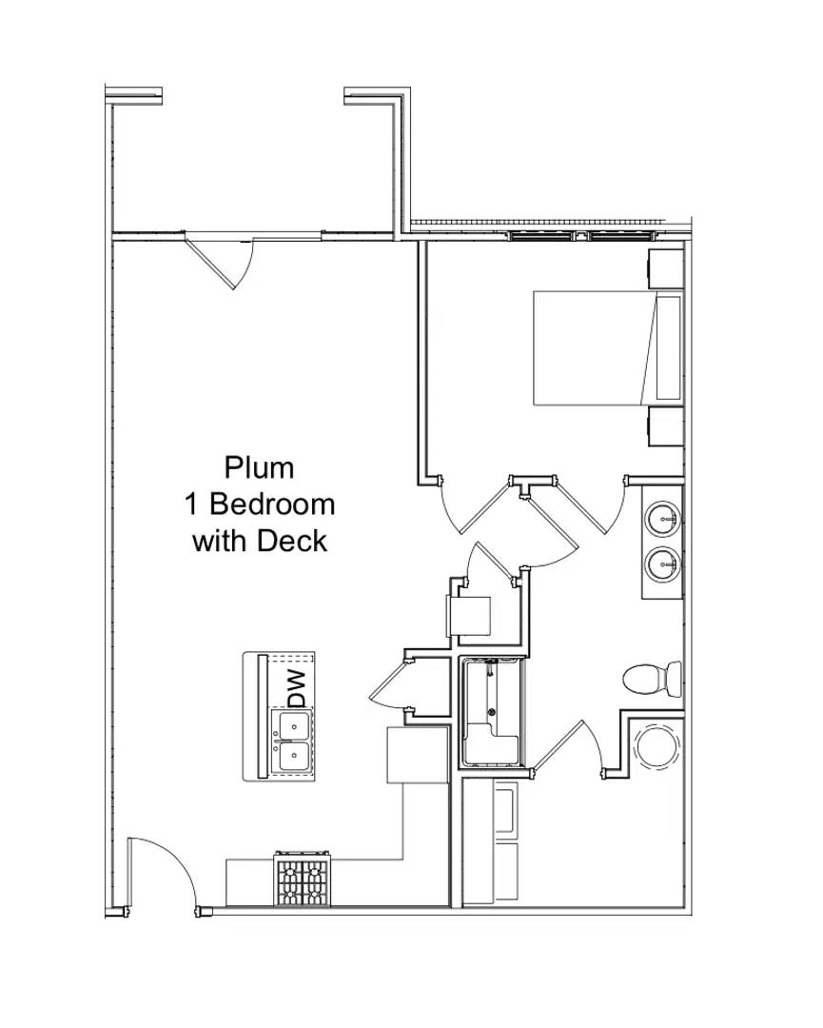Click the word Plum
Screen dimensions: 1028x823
(x=259, y=467)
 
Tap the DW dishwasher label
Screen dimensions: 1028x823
(x=297, y=687)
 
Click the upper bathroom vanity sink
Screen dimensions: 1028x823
(x=663, y=520)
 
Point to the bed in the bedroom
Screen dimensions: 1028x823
(x=595, y=347)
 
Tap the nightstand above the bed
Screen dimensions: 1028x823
(x=664, y=268)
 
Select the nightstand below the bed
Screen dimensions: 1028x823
(x=664, y=426)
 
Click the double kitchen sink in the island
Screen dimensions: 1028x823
(x=293, y=743)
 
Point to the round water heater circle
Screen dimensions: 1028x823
(x=656, y=746)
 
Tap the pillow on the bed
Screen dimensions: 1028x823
(x=669, y=346)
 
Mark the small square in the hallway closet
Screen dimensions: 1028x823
(x=469, y=614)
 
